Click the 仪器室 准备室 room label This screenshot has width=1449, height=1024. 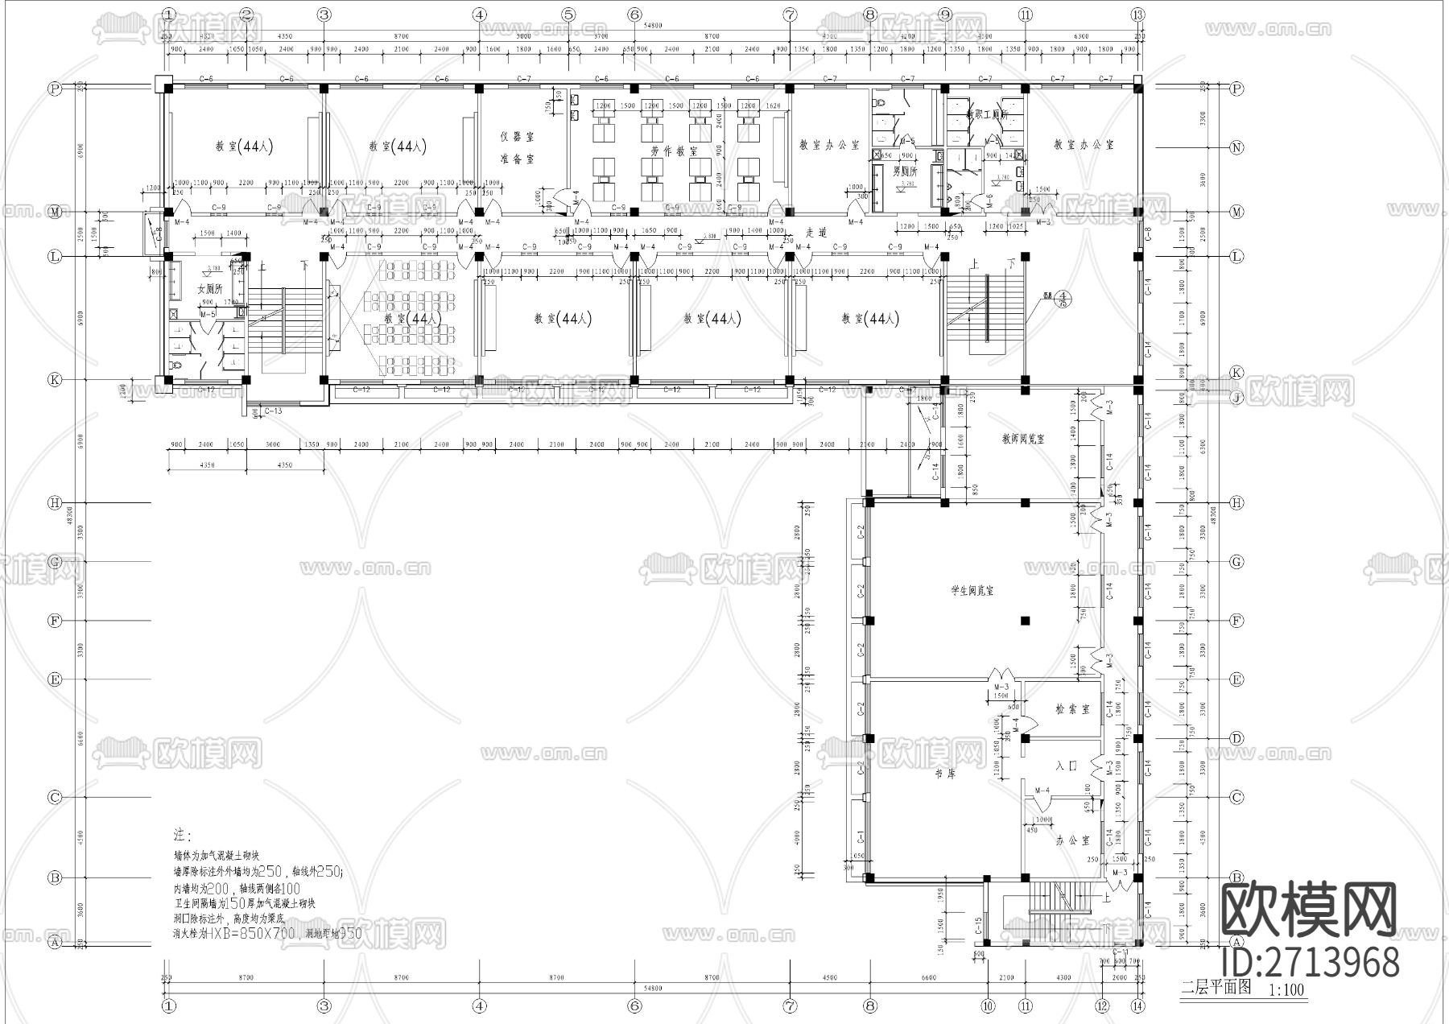coord(516,148)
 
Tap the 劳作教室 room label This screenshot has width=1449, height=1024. coord(674,151)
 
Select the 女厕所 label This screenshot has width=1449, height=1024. coord(211,289)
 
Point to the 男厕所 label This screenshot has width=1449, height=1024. coord(906,171)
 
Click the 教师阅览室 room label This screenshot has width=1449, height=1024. coord(1022,440)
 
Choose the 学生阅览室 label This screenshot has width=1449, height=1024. coord(972,591)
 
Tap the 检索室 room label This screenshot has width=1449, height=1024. coord(1072,709)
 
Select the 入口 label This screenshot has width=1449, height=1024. coord(1067,766)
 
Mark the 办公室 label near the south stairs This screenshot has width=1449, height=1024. coord(1072,840)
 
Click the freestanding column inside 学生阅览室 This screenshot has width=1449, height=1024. coord(1025,620)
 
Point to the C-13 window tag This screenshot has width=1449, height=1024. coord(273,411)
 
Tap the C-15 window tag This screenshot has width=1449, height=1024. coord(978,925)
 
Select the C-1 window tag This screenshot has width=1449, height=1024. coord(861,837)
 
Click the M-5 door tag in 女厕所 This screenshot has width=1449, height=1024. coord(208,313)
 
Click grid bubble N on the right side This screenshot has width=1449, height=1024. coord(1237,147)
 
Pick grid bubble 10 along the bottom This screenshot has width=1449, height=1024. coord(988,1005)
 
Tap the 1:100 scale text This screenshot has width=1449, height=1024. coord(1286,990)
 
